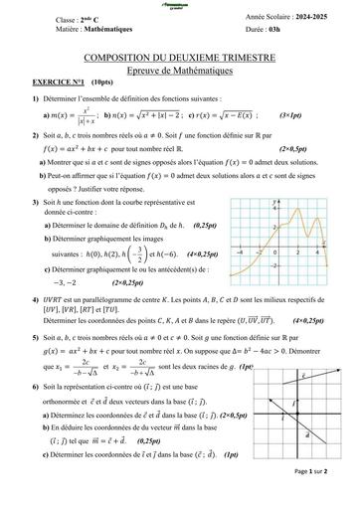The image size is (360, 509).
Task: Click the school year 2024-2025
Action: pos(310,19)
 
